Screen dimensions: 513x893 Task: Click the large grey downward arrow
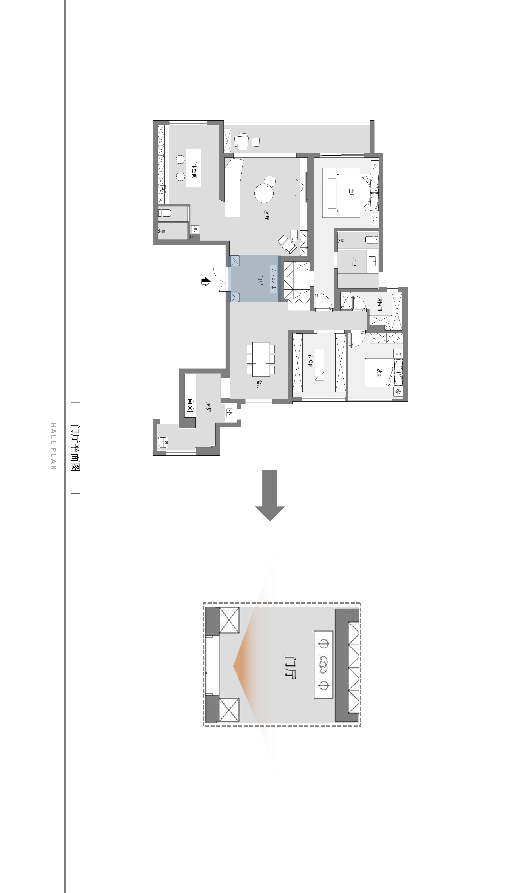tap(270, 495)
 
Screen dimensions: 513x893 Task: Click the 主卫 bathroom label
tap(354, 261)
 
